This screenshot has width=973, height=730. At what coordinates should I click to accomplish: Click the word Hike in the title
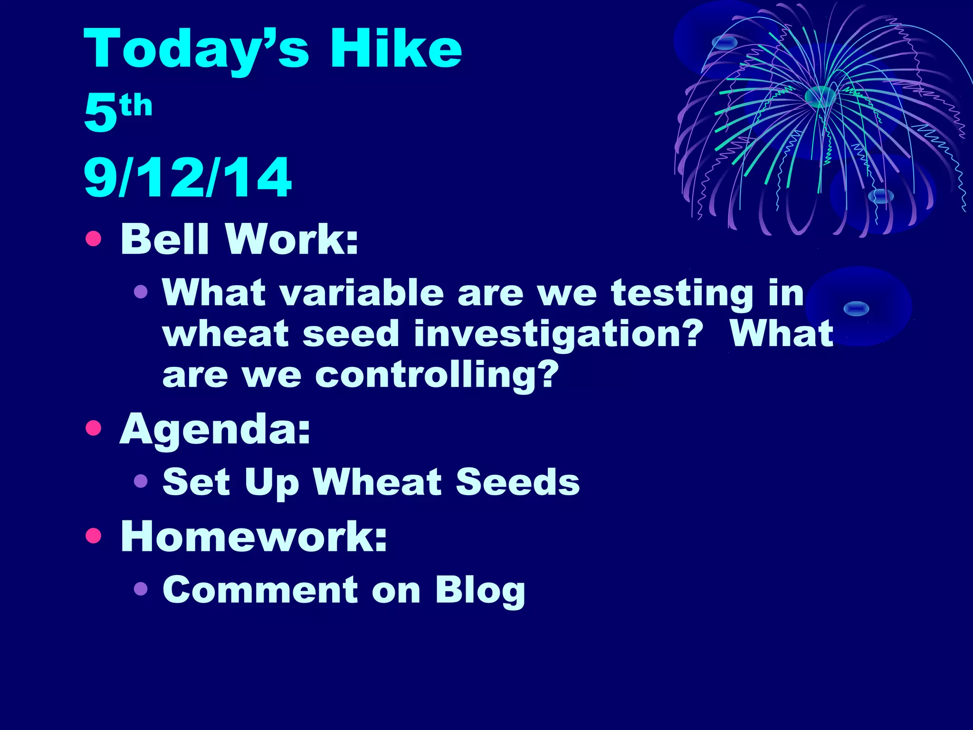click(396, 48)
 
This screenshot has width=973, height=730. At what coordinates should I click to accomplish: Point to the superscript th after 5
click(136, 106)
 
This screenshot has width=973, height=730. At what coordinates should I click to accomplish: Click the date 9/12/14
click(188, 178)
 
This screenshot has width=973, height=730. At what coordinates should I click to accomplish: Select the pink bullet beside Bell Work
click(94, 239)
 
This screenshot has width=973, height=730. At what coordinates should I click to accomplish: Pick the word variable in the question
click(362, 293)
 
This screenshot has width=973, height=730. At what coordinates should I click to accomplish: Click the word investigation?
click(558, 335)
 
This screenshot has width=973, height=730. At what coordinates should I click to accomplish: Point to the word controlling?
click(437, 375)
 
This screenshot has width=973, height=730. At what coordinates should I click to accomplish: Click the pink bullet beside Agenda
click(94, 428)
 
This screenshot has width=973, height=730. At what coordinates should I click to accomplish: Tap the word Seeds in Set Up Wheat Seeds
click(517, 482)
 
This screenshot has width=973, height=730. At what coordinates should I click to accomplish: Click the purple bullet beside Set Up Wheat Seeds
click(141, 481)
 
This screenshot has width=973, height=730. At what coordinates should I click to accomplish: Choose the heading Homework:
click(254, 536)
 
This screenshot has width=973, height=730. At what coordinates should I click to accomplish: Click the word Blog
click(480, 591)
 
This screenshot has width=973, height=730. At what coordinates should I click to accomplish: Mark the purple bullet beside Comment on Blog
click(141, 589)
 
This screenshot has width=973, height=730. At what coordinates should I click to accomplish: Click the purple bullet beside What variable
click(141, 291)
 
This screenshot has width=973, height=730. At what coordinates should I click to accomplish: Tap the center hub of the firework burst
click(820, 97)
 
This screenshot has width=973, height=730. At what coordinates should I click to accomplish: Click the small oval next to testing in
click(856, 308)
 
